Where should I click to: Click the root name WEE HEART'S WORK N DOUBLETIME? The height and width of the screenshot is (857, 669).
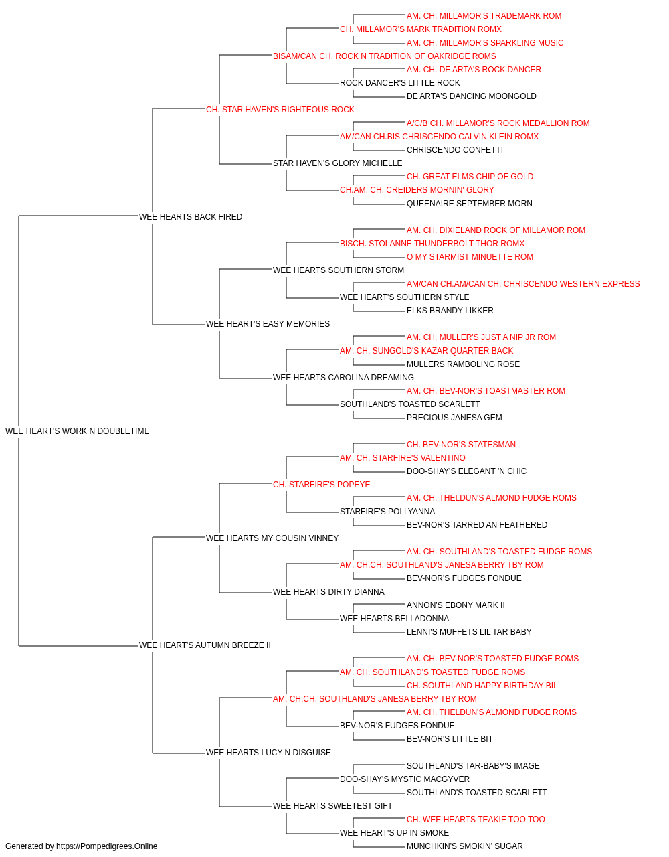pos(77,431)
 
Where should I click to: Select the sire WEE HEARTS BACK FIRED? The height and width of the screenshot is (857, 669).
pos(191,217)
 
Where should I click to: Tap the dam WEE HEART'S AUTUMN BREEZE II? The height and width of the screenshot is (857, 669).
pos(205,645)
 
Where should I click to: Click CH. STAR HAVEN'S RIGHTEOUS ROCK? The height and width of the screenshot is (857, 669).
pos(280,110)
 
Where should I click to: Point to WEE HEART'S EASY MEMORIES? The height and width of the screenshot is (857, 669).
pos(268,324)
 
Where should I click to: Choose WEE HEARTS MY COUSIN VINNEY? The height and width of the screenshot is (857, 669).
pos(272,538)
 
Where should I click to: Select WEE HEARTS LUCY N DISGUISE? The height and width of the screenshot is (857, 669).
pos(268,753)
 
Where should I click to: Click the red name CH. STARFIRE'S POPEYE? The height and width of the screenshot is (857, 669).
pos(322,485)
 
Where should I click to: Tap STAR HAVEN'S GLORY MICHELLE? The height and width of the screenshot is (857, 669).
pos(338,163)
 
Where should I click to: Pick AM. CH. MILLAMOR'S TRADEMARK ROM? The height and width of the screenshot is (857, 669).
pos(484,16)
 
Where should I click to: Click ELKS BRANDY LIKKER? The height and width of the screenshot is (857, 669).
pos(450,311)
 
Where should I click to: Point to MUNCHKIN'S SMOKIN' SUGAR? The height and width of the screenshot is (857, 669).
pos(465,846)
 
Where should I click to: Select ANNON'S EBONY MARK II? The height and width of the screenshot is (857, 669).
pos(456,605)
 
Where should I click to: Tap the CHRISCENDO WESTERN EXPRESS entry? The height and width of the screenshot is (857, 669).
pos(523,284)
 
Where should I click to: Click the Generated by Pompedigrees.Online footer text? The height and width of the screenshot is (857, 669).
pos(81,846)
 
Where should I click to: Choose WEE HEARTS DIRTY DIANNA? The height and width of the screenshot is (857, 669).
pos(328,592)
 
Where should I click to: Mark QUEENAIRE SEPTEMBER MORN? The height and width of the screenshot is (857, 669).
pos(469,204)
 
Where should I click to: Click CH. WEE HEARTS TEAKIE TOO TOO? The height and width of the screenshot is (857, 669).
pos(476,820)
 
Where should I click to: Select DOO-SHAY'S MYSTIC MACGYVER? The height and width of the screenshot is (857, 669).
pos(405,779)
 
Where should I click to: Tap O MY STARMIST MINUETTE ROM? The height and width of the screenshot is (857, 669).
pos(470,257)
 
